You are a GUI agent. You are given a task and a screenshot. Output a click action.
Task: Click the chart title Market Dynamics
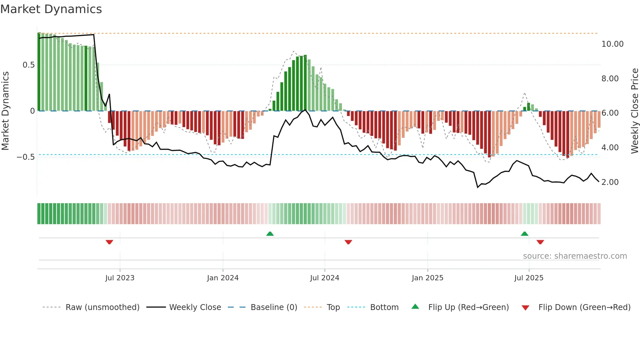point(51,9)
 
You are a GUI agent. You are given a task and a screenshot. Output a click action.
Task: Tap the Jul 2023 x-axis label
point(120,278)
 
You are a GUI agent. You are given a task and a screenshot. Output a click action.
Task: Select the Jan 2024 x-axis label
point(223,278)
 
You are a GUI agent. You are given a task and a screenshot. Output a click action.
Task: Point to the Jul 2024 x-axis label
point(325,278)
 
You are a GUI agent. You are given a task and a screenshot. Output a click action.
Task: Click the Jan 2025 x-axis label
point(427,278)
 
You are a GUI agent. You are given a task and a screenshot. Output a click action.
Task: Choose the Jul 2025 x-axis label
point(529,278)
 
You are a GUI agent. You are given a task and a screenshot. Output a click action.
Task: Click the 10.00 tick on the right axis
point(612,44)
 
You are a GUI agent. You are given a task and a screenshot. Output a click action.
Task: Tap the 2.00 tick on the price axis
point(610,182)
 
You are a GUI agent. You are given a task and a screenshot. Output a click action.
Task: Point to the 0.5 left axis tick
point(28,65)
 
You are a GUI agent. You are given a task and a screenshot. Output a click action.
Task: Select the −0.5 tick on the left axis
point(26,157)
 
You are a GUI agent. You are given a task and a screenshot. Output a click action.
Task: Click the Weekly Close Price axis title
point(634,111)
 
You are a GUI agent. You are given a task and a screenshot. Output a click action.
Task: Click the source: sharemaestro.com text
point(575,256)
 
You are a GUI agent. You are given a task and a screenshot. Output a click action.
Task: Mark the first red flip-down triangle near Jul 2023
point(109,242)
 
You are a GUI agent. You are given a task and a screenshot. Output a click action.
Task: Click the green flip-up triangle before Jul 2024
point(270,234)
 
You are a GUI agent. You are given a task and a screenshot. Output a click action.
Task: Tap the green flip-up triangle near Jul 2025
point(524,234)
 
